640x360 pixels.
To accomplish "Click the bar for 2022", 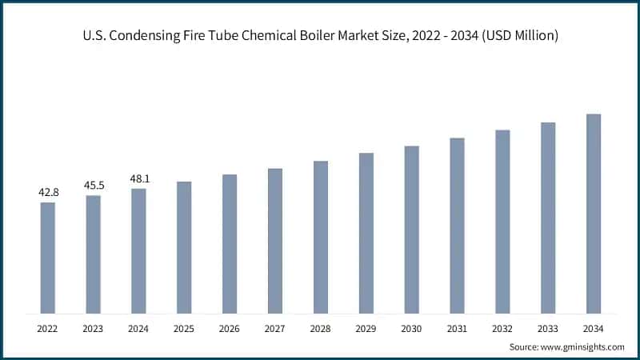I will coord(48,258).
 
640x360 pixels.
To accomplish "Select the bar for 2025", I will coord(184,247).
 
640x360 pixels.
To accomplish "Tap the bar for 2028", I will coord(321,237).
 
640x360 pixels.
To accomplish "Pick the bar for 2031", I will coord(457,226).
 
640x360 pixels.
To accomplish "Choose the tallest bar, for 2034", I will coord(593,214).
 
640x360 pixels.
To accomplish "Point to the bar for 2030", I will coord(411,230).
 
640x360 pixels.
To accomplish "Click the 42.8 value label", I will coord(49,193).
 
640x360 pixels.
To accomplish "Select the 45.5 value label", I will coord(94,186).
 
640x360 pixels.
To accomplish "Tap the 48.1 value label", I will coord(139,179).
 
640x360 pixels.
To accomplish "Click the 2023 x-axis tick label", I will coord(94,328).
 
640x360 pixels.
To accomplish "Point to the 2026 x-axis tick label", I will coord(230,328).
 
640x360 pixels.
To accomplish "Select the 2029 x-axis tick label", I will coord(366,328).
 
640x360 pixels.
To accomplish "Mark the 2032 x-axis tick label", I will coord(502,328).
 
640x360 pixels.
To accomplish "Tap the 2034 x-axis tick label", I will coord(593,328).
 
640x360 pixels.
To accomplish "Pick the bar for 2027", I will coord(275,241).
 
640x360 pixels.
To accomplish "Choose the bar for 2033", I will coord(548,218).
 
